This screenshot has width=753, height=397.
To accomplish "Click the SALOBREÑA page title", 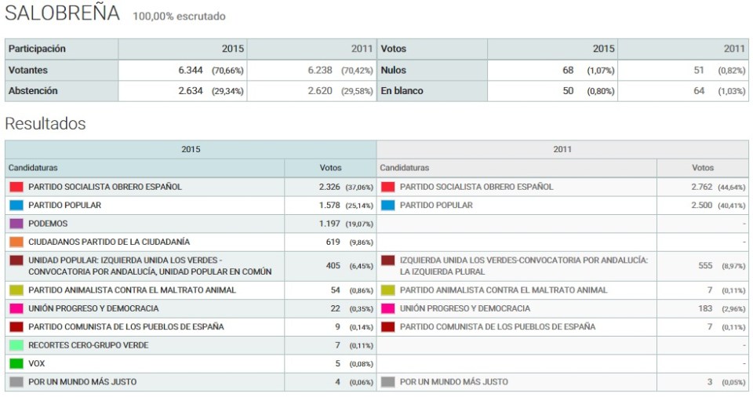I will pyautogui.click(x=63, y=13).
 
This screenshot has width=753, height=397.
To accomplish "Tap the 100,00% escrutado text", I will pyautogui.click(x=179, y=16).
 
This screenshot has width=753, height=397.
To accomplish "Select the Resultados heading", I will pyautogui.click(x=45, y=124).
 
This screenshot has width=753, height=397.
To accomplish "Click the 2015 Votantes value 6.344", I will pyautogui.click(x=191, y=70).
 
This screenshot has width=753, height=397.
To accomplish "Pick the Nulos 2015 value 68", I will pyautogui.click(x=568, y=70).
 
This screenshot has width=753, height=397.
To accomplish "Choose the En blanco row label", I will pyautogui.click(x=402, y=91).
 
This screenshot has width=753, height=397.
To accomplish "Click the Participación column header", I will pyautogui.click(x=37, y=49).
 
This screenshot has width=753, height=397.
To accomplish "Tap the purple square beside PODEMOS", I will pyautogui.click(x=16, y=224).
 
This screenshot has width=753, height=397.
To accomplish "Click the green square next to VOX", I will pyautogui.click(x=16, y=363).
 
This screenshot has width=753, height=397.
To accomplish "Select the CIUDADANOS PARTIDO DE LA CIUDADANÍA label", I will pyautogui.click(x=109, y=242).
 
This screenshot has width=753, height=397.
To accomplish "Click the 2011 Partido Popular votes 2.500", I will pyautogui.click(x=701, y=205).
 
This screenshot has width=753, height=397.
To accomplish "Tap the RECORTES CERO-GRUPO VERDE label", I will pyautogui.click(x=88, y=345).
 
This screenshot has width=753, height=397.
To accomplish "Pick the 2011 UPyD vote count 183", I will pyautogui.click(x=705, y=308).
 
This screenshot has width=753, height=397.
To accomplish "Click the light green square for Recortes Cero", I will pyautogui.click(x=16, y=345).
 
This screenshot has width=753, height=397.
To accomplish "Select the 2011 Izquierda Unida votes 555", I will pyautogui.click(x=705, y=266).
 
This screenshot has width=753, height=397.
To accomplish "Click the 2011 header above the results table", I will pyautogui.click(x=562, y=149).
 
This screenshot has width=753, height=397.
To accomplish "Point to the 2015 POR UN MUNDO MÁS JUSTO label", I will pyautogui.click(x=82, y=382).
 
